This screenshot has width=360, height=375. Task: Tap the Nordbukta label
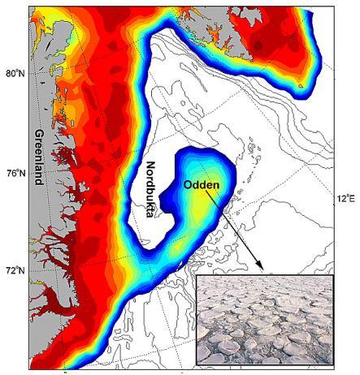[150, 194]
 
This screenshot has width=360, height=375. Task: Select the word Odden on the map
[201, 184]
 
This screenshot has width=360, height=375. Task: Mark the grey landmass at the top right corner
[341, 24]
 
